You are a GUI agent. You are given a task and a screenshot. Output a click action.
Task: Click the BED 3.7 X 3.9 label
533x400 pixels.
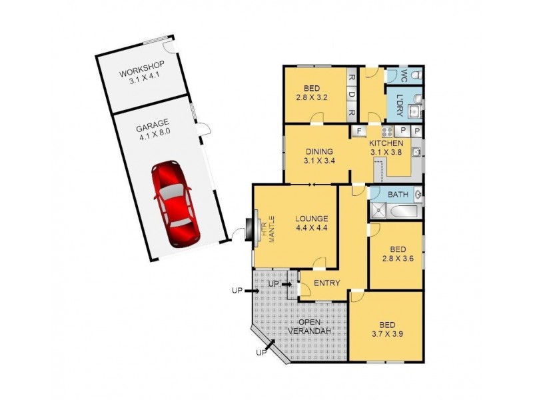(x=387, y=328)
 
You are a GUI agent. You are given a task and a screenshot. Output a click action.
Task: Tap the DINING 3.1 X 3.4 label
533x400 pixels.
(x=316, y=155)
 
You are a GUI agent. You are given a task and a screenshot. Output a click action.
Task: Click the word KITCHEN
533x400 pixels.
(x=386, y=143)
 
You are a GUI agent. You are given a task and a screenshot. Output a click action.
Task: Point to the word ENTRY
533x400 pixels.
(x=326, y=283)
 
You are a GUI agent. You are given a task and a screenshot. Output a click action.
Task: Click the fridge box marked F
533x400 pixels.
(x=358, y=131)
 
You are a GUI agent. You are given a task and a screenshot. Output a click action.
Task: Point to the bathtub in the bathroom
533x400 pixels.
(x=404, y=212)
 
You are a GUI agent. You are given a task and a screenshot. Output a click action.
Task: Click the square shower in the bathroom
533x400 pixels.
(x=377, y=212)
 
